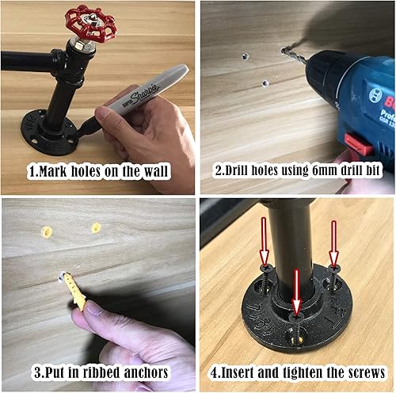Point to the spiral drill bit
pos(295,55)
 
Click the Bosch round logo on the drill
pos(375,96)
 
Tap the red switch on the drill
pos(360,145)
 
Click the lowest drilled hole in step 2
pos(265,83)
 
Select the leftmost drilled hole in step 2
pos(246,56)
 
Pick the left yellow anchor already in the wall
pos(47,232)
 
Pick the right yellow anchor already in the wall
pos(96,228)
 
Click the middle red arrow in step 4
pos(297,292)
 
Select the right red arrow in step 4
pos(334,243)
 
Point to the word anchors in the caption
pos(146,372)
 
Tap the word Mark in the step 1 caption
pos(52,171)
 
